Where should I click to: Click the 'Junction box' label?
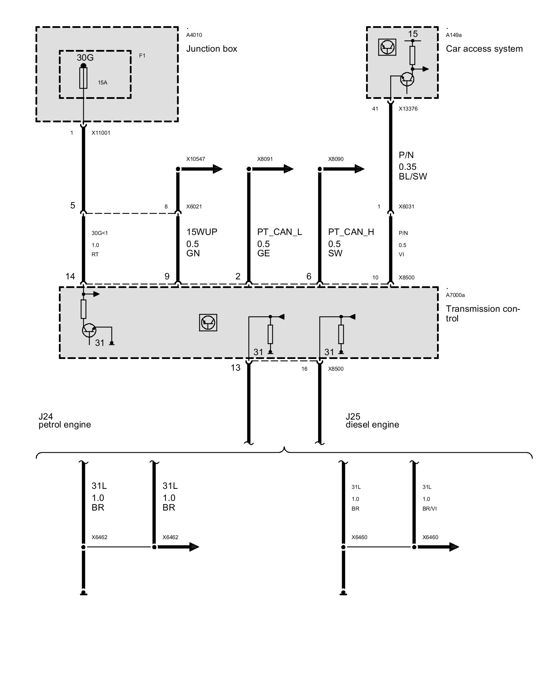point(211,49)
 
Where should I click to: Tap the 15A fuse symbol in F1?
point(83,78)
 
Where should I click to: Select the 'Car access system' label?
point(484,49)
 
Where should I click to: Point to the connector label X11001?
point(101,133)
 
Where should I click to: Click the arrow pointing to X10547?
point(217,169)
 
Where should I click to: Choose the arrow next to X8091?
point(288,169)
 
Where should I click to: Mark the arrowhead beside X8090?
point(359,169)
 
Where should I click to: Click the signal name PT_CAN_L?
point(279,232)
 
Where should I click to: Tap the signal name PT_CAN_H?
point(351,232)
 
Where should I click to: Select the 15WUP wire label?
point(202,232)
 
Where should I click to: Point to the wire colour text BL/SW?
point(413,177)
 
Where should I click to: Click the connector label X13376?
point(408,109)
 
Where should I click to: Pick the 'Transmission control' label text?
point(482,313)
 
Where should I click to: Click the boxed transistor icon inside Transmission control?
point(208,322)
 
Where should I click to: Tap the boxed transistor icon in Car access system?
point(387,47)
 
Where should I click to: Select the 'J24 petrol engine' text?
point(64,421)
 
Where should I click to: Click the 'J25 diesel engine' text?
point(372,421)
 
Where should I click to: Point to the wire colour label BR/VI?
point(429,508)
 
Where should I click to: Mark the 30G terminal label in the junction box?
point(85,58)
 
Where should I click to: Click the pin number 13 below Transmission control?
point(236,368)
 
